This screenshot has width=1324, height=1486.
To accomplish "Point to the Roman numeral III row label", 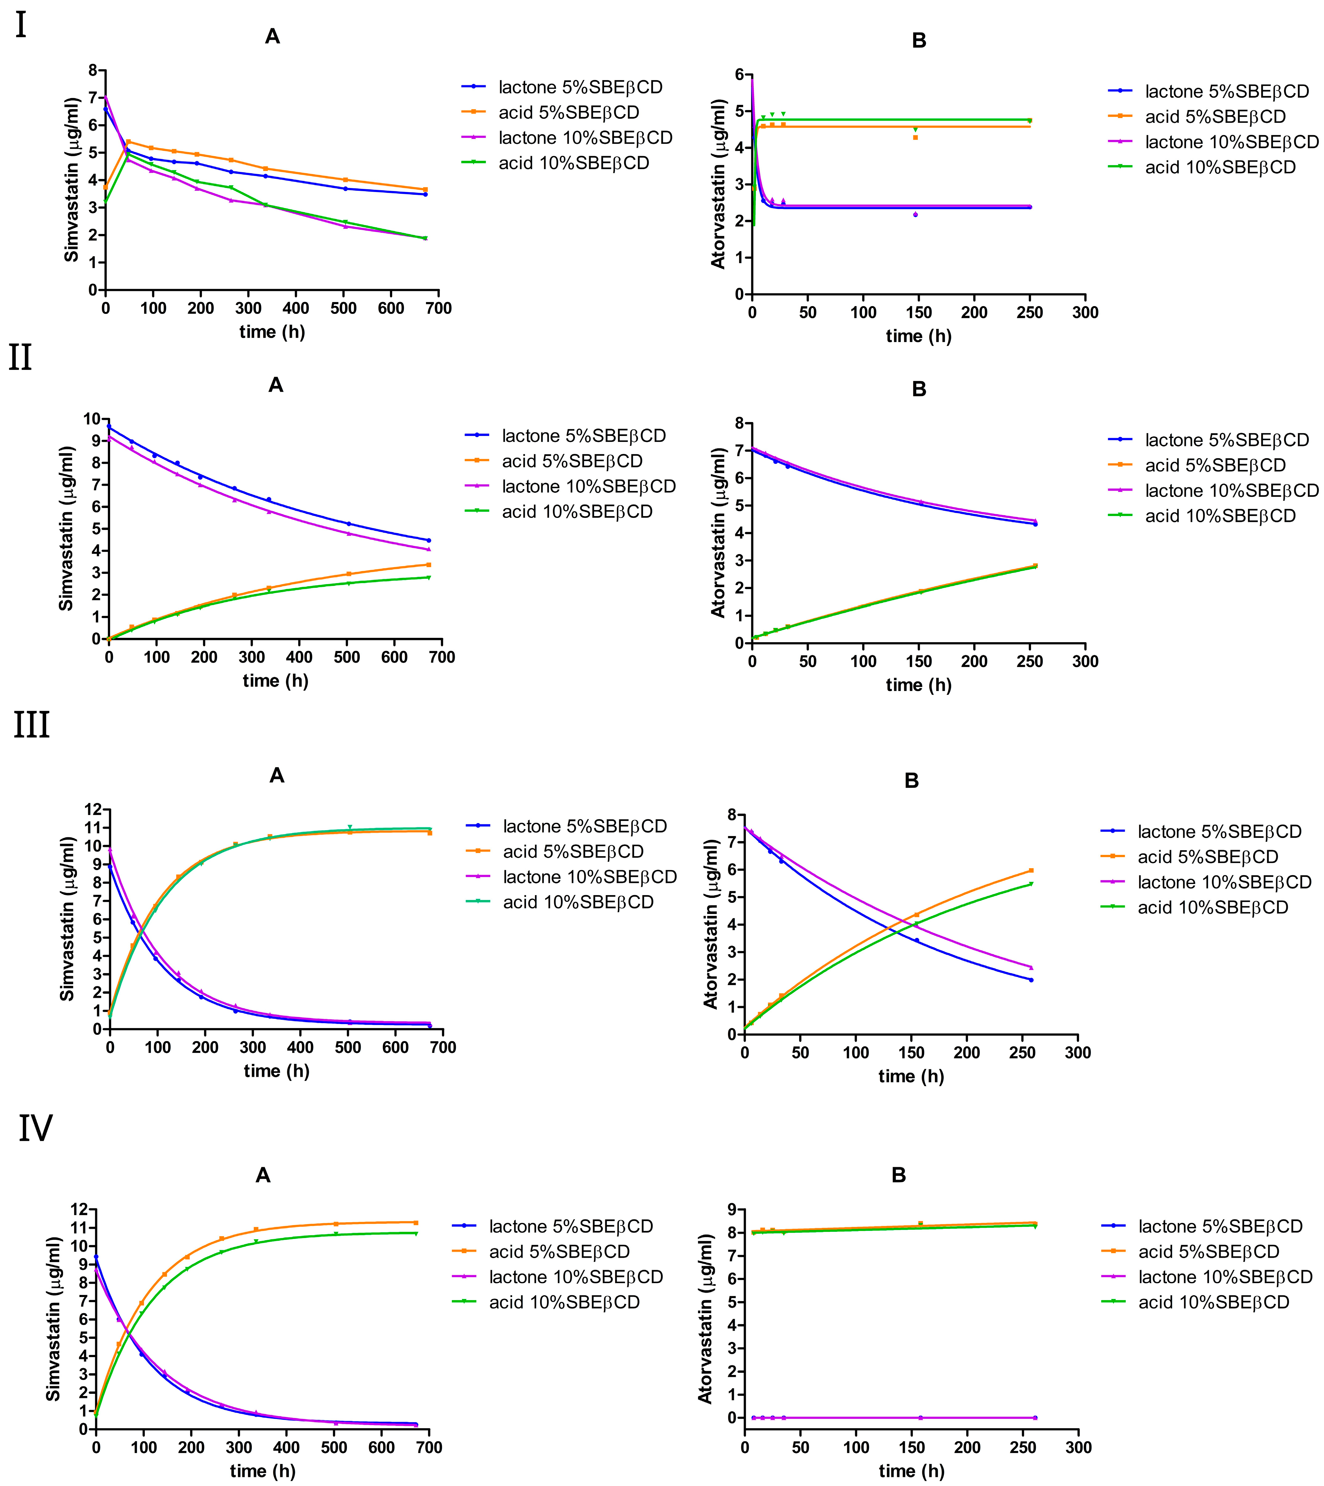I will coord(31,725).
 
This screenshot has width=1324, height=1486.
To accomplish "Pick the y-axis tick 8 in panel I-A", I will coord(92,70).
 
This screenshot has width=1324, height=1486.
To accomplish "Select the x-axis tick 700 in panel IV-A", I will coord(429,1447).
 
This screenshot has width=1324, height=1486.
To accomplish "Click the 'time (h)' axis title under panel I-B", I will coord(918,336).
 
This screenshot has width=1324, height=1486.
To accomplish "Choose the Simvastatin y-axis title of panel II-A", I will coord(66,529).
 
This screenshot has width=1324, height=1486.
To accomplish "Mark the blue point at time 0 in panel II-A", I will coord(109,426).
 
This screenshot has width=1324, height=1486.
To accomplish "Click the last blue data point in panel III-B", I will coord(1031,980).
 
